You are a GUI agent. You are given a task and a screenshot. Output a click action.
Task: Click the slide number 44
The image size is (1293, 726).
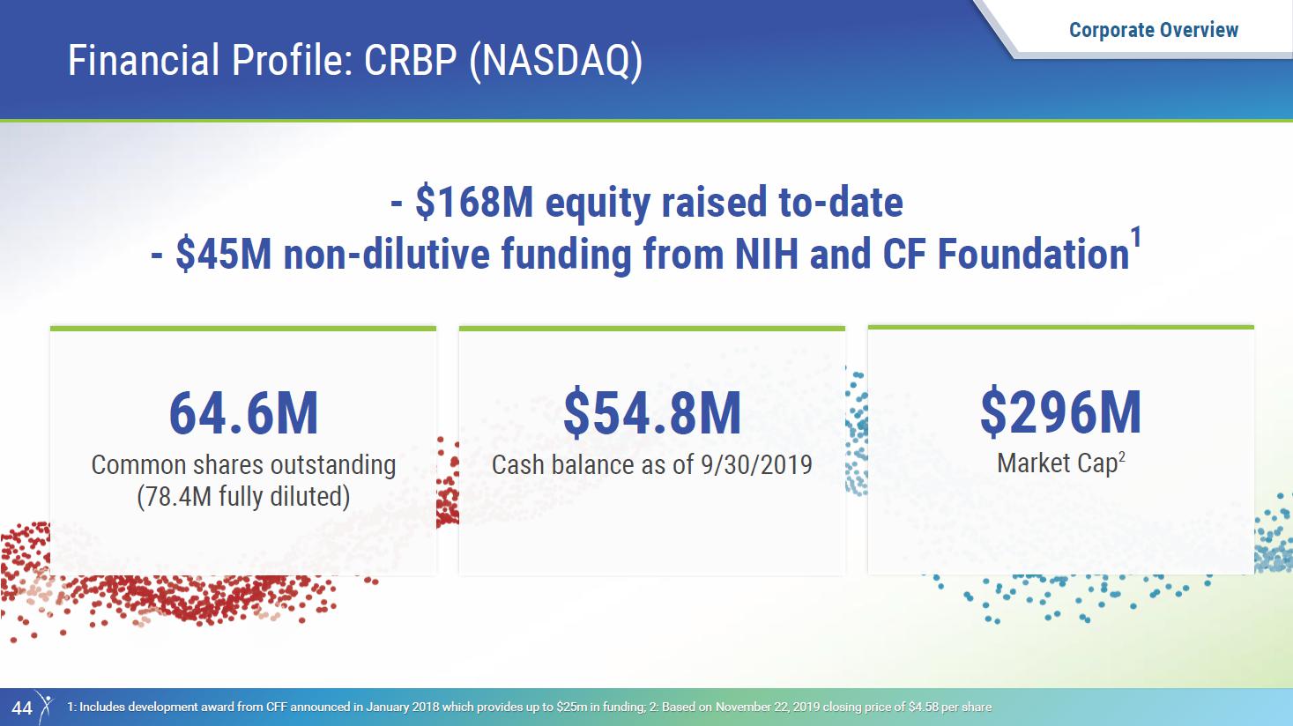22,707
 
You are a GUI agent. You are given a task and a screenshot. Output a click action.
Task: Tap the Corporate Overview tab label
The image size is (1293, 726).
1154,30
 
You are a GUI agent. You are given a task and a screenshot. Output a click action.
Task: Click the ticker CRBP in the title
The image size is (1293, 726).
411,60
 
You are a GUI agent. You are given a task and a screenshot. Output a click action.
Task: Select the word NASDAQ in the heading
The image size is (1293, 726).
556,61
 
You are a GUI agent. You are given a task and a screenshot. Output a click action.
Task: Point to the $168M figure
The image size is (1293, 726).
474,203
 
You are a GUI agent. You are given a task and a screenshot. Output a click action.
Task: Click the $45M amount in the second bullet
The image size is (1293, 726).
223,255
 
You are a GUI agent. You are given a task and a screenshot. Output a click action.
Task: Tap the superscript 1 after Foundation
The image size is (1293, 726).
1135,238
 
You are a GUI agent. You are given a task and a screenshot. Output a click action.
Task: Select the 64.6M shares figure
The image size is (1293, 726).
243,413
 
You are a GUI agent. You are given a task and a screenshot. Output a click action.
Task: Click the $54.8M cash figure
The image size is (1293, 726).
652,413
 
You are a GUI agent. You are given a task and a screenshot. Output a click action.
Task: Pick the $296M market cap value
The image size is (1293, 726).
1060,412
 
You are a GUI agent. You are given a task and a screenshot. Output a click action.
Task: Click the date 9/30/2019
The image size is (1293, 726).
756,465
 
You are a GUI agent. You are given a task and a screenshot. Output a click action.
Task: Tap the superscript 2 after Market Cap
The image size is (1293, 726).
1121,456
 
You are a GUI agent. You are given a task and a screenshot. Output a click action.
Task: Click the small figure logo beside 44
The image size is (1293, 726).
45,707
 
